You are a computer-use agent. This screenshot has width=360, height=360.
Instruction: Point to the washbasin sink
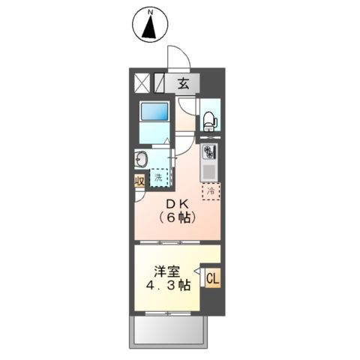point(140,159)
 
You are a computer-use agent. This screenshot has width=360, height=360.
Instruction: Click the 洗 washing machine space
point(159,178)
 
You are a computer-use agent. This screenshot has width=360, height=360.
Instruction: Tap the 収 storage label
point(140,181)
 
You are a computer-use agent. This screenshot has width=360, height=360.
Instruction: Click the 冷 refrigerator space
point(211,190)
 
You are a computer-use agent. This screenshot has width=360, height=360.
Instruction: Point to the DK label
point(178,204)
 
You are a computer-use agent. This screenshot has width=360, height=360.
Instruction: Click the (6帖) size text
point(178,219)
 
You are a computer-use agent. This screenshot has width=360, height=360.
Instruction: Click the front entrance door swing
point(178,58)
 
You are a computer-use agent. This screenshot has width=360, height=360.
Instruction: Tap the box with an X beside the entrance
point(142,82)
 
